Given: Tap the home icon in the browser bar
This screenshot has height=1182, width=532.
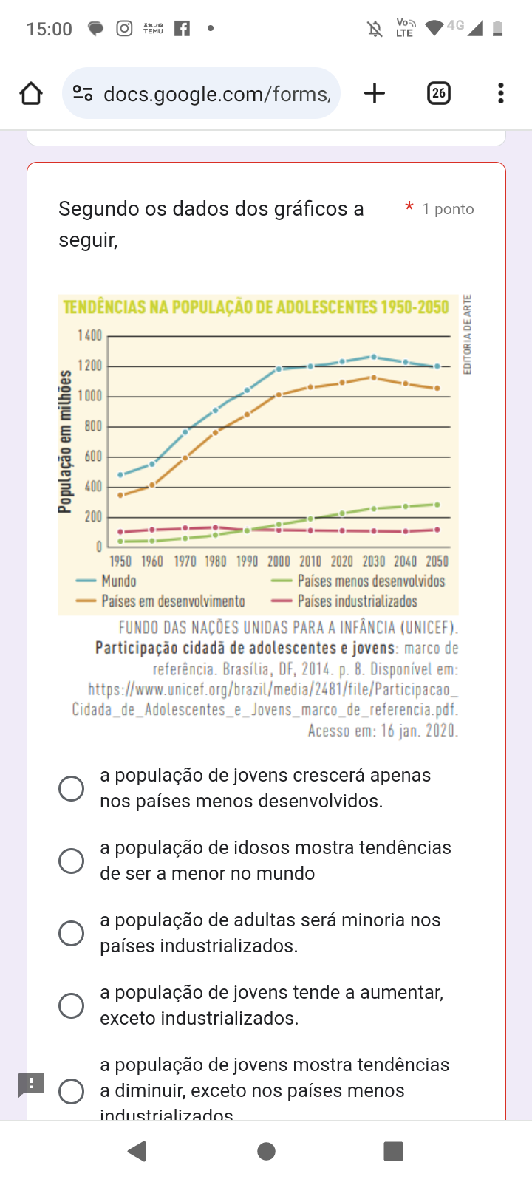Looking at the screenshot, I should click(31, 94).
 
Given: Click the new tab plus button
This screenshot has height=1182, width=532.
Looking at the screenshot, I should click(375, 93).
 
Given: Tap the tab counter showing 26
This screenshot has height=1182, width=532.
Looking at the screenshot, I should click(439, 93).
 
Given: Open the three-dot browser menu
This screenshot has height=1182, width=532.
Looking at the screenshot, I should click(501, 93).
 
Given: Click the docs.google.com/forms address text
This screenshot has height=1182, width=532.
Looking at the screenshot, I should click(216, 94).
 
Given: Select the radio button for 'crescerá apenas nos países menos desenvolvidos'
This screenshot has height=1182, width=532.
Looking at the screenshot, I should click(71, 788).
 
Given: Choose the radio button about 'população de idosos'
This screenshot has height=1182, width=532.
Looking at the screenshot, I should click(71, 861).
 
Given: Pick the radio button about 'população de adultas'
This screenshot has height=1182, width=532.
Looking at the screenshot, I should click(71, 933).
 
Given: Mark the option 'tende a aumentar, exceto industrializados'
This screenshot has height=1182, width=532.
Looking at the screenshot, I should click(71, 1005).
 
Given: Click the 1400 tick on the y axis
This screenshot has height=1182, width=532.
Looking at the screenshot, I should click(90, 336).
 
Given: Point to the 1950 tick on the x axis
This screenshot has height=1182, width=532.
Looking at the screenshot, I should click(120, 561).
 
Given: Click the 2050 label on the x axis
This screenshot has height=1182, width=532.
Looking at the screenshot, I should click(437, 561).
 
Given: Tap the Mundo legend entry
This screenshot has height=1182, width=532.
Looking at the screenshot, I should click(118, 581).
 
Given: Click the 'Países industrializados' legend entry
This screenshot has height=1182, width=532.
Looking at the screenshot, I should click(357, 601).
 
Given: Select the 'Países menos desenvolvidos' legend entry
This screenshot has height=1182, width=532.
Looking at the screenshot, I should click(371, 581).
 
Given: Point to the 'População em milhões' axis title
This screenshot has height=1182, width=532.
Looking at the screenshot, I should click(66, 441).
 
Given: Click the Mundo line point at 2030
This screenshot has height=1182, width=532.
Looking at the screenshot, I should click(374, 357).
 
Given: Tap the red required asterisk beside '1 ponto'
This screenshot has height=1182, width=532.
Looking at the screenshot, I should click(409, 208).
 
